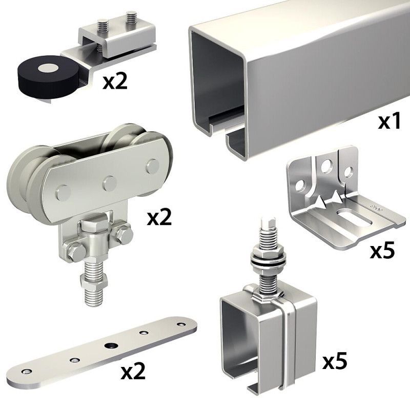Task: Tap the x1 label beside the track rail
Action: pyautogui.click(x=388, y=121)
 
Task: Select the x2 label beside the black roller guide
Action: pyautogui.click(x=115, y=81)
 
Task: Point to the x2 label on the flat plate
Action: pyautogui.click(x=133, y=372)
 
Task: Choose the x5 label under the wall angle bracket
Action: pyautogui.click(x=382, y=251)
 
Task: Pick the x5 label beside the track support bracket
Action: pyautogui.click(x=335, y=361)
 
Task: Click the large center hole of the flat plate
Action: pyautogui.click(x=111, y=345)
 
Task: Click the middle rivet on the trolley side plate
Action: pyautogui.click(x=110, y=183)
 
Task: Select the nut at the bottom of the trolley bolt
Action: pyautogui.click(x=94, y=281)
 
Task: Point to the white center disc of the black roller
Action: pyautogui.click(x=48, y=68)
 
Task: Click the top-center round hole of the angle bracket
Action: pyautogui.click(x=326, y=166)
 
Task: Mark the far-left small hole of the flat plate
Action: pyautogui.click(x=26, y=372)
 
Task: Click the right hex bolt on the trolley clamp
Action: pyautogui.click(x=124, y=234)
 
